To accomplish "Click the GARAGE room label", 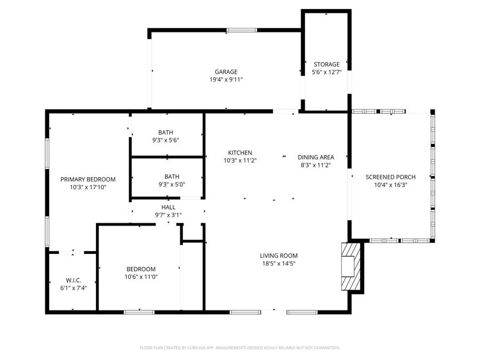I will point(226,72).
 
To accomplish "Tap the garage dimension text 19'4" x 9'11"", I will point(226,80).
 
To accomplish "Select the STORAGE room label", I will point(326,65).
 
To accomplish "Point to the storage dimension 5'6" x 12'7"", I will point(326,73).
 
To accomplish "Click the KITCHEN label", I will point(240,153).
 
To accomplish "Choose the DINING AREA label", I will point(316,157).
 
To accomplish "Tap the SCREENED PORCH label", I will point(390,177).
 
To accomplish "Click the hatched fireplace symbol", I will point(351,266).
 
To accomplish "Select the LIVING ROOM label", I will point(278,255).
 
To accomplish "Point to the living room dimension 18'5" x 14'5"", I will point(278,263).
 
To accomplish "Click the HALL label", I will point(168,207).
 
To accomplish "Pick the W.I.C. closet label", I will point(73,280).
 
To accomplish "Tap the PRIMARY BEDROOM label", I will point(88,179).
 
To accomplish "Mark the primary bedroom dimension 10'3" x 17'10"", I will point(88,187).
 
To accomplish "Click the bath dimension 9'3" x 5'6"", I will point(165,140).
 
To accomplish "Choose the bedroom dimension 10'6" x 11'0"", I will point(141,277).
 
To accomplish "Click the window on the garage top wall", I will point(241,30).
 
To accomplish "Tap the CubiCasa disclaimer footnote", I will point(239,348).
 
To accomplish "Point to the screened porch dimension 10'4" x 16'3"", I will point(390,185).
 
